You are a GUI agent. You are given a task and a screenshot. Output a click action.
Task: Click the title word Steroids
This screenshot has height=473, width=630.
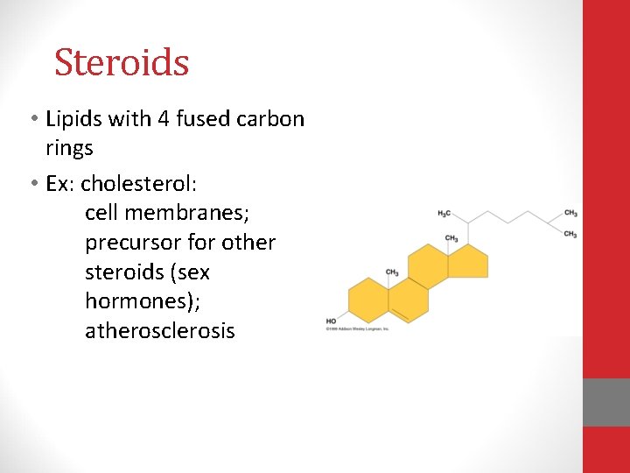[122, 62]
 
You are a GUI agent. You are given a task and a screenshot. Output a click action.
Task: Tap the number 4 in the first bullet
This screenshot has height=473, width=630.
[163, 118]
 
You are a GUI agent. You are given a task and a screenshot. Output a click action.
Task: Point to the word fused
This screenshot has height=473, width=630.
[203, 118]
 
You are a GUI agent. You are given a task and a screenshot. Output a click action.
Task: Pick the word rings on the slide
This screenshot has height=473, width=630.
[69, 148]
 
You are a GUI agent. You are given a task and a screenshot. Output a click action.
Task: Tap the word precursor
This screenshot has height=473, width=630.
[132, 243]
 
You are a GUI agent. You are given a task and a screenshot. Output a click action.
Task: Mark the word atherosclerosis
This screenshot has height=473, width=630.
[160, 331]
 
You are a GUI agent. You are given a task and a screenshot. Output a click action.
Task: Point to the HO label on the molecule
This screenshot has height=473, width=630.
[332, 321]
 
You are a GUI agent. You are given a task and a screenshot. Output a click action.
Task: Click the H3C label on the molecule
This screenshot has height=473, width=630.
[444, 214]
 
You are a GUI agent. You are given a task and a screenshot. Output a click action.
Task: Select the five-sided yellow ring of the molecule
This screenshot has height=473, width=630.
[471, 262]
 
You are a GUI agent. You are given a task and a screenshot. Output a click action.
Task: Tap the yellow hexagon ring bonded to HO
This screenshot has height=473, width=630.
[368, 299]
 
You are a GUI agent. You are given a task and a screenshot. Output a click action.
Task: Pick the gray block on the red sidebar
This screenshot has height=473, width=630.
[606, 402]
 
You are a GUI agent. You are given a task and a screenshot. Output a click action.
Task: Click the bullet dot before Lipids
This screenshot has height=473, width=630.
[31, 119]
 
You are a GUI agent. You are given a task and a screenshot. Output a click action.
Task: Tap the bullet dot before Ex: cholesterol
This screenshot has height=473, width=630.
[31, 186]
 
